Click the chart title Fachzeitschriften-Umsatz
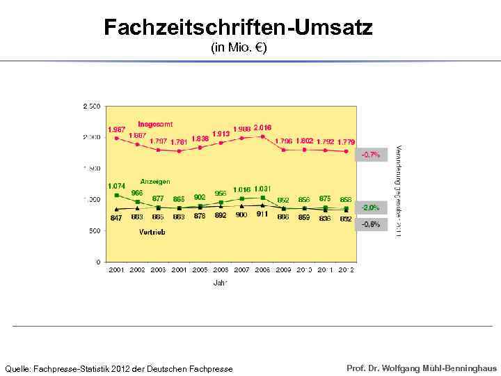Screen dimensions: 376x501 (238, 28)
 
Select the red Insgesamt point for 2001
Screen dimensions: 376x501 (116, 138)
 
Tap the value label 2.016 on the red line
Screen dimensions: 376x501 (262, 127)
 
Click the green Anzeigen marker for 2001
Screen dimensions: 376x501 (116, 195)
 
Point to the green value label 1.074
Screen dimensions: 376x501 (116, 186)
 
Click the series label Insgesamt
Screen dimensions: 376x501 (154, 124)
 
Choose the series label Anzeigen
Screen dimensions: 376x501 (155, 182)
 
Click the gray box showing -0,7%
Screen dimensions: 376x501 (370, 155)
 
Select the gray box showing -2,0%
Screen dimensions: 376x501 (370, 207)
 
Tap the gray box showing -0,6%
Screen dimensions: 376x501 (370, 224)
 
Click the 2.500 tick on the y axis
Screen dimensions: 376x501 (91, 106)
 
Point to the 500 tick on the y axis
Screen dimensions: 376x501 (95, 231)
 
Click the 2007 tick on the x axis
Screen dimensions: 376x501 (241, 269)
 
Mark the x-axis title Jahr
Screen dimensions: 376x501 (221, 283)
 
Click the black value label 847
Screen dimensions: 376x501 (116, 218)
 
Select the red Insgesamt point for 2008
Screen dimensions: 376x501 (262, 136)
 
